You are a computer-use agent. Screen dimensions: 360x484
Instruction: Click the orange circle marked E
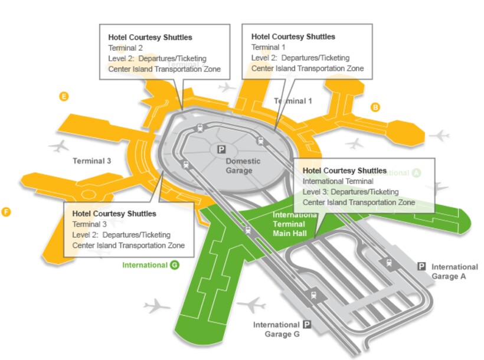(64, 96)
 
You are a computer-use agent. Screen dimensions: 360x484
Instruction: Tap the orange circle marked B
(375, 107)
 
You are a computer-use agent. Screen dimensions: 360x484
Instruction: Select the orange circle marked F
(6, 212)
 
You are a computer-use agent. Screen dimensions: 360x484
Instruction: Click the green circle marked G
(175, 265)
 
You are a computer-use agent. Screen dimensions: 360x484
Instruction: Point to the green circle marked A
(417, 173)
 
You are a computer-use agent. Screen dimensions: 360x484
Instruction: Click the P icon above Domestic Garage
(221, 150)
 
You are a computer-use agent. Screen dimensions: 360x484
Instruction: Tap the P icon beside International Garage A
(421, 267)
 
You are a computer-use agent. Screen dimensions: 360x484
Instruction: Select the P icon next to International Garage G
(307, 325)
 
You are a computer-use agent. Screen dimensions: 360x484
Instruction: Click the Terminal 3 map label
(92, 161)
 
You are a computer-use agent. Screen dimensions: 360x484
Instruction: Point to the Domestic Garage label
(239, 166)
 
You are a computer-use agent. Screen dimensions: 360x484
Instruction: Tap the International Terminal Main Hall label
(289, 224)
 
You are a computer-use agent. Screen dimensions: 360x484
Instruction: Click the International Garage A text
(454, 271)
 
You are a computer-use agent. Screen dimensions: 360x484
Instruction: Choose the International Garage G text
(276, 329)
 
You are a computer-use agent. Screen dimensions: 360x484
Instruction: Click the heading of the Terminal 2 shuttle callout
(150, 37)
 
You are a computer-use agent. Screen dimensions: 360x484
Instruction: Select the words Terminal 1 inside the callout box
(269, 47)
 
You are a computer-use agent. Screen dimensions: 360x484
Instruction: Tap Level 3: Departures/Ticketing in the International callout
(351, 192)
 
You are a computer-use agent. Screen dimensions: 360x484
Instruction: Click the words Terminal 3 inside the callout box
(90, 224)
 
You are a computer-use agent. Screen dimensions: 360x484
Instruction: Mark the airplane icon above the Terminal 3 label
(59, 145)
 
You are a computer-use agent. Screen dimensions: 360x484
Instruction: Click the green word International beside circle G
(145, 265)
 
